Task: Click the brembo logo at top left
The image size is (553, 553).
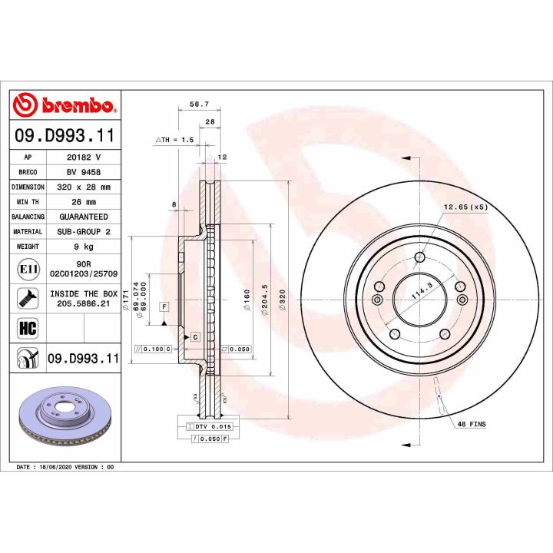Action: (65, 104)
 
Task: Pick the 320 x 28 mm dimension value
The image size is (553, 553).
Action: (83, 187)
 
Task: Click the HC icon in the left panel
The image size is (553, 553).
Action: (28, 329)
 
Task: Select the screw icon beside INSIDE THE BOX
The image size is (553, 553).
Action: (28, 299)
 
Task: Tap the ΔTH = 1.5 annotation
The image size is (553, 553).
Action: (175, 140)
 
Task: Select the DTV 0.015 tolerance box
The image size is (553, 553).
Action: (208, 426)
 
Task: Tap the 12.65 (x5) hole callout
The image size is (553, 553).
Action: (465, 207)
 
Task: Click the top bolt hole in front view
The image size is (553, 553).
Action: (419, 257)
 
